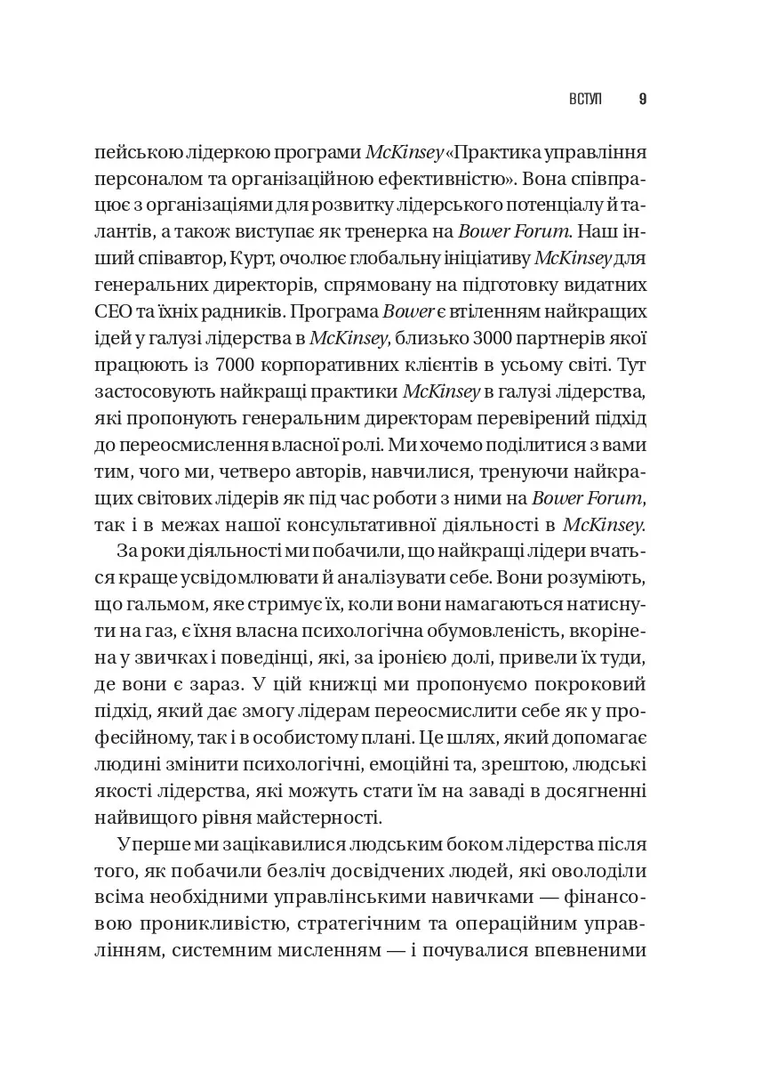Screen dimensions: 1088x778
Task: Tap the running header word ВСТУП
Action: tap(584, 99)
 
